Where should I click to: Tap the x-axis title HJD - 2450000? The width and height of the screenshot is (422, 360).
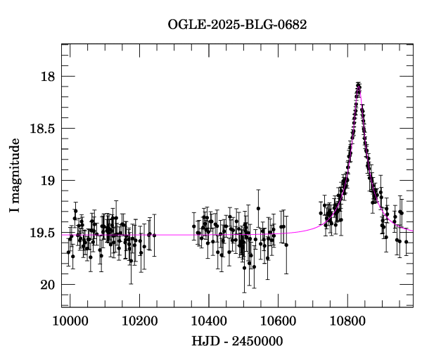[237, 341]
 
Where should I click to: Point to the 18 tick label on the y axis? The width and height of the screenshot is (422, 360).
[49, 76]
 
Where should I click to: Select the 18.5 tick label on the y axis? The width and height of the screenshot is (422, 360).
[42, 128]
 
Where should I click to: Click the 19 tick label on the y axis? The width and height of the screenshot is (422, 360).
[49, 180]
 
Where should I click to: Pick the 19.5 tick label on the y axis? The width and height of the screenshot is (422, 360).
[42, 232]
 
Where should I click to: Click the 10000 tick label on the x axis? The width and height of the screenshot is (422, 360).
[70, 320]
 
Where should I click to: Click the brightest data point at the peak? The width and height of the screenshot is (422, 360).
[359, 86]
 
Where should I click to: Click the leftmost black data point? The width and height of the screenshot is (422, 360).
[68, 252]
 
